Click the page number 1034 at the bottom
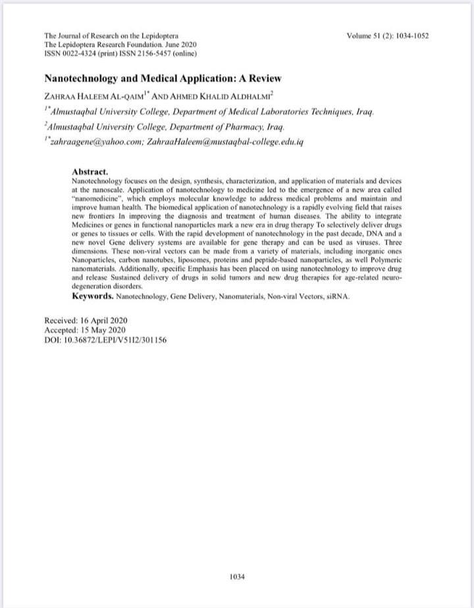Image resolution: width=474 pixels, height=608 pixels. click(x=237, y=576)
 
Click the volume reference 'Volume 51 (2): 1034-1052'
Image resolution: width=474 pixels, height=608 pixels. click(x=388, y=35)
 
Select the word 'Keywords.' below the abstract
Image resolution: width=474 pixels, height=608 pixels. click(x=93, y=296)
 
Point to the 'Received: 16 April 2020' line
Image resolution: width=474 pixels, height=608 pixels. click(x=85, y=320)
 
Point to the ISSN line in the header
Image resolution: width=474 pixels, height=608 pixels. click(x=120, y=53)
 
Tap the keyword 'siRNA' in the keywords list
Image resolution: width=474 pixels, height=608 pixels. click(x=336, y=297)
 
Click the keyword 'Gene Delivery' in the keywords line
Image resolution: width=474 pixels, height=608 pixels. click(x=189, y=297)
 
